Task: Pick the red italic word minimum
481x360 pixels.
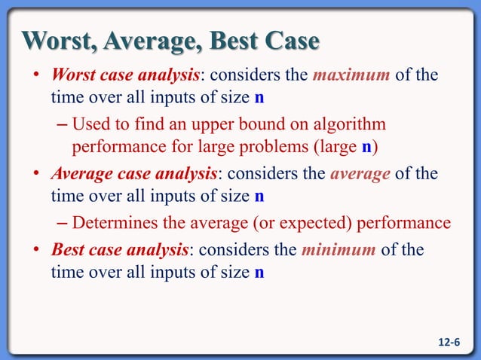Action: coord(338,249)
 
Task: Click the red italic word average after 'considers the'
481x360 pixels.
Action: coord(360,174)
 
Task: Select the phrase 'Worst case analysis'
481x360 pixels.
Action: coord(125,76)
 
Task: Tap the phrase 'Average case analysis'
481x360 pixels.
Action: coord(134,174)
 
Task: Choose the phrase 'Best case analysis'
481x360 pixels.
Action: coord(120,249)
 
